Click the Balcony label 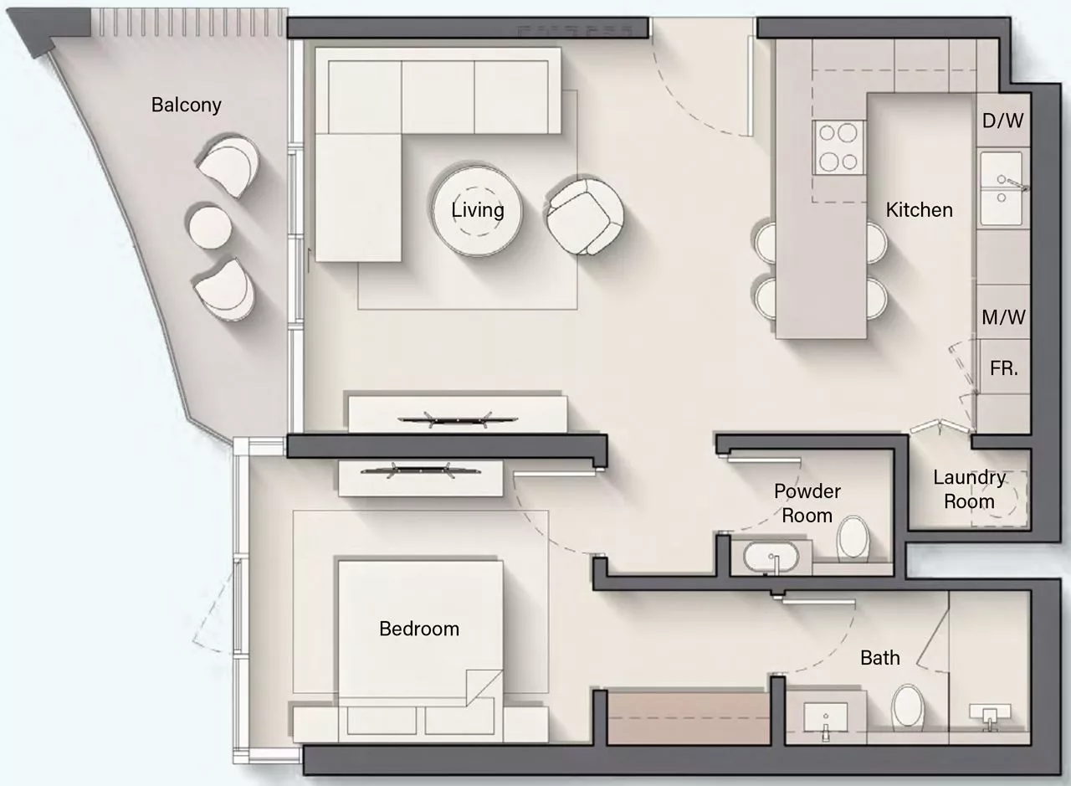click(186, 105)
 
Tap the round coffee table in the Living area click(477, 211)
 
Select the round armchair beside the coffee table click(585, 217)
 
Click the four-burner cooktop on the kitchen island click(838, 147)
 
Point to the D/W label click(1003, 121)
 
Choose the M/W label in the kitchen click(1003, 317)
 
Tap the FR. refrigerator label click(1004, 368)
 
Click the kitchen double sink click(1002, 188)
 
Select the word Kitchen click(919, 210)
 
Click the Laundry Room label click(970, 490)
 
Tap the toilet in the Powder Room click(853, 537)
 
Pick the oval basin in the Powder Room click(771, 557)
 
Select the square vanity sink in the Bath click(825, 717)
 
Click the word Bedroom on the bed click(419, 629)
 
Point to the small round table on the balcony click(210, 227)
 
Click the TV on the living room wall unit click(458, 419)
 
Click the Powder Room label click(807, 504)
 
